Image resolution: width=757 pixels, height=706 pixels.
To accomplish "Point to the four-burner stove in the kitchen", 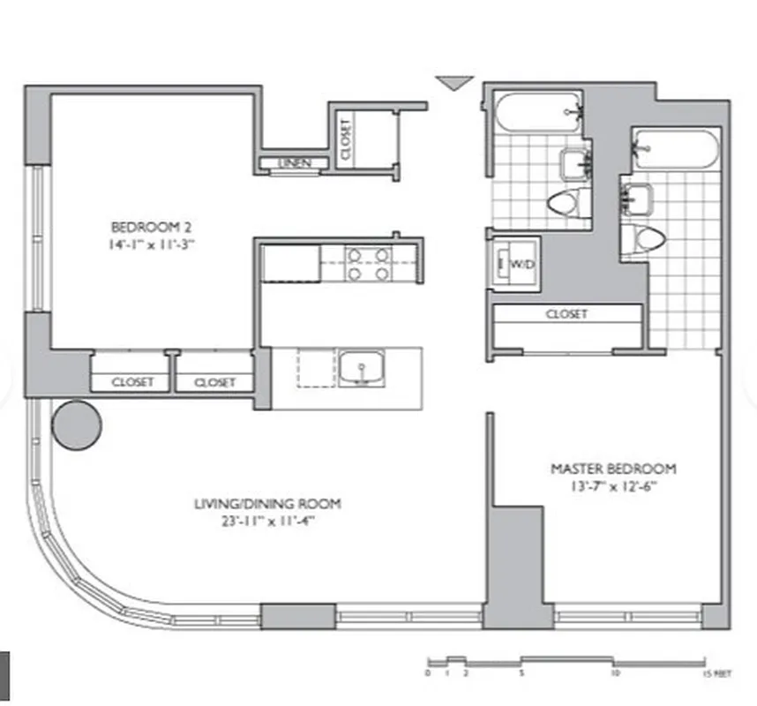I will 368,264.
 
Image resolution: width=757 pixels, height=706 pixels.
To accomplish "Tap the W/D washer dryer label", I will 520,263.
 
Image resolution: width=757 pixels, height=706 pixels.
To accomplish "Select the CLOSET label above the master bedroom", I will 566,314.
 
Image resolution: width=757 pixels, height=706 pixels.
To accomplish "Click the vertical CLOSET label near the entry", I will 345,139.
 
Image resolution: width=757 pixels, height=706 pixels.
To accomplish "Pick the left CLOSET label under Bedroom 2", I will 132,382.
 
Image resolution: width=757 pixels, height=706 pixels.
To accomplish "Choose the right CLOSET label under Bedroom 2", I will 214,382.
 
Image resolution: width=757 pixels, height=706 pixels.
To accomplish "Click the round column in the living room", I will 77,424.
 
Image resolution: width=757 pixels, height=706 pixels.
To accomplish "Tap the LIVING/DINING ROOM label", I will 267,504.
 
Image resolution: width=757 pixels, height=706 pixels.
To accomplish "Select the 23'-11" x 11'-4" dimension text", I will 267,521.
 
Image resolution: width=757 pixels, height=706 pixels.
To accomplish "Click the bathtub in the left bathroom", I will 538,115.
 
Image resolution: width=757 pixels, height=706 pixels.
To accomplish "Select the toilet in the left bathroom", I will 565,203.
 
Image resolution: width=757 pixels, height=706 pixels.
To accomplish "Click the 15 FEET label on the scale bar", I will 716,672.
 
